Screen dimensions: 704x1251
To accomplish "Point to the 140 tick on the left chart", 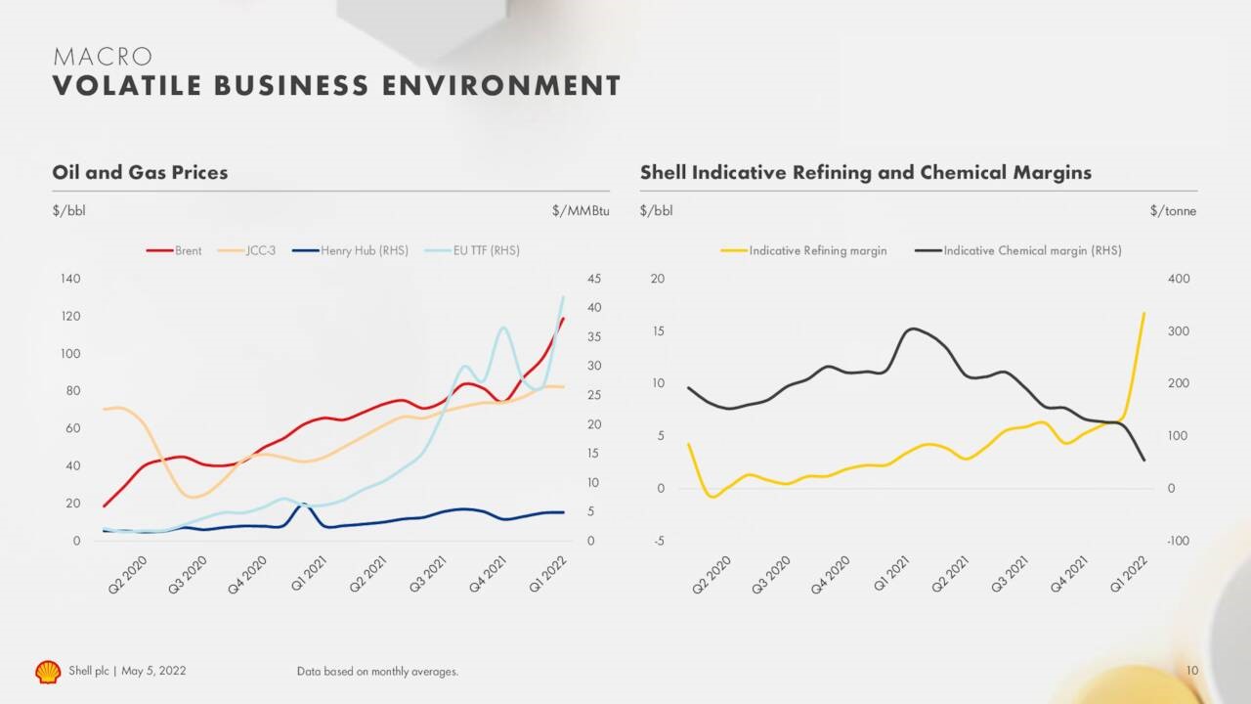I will [x=70, y=280].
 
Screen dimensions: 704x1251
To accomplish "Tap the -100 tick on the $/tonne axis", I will [x=1179, y=542].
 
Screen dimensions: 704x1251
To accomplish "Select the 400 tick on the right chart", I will [x=1179, y=280].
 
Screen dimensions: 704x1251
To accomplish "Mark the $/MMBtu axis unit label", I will [x=581, y=211].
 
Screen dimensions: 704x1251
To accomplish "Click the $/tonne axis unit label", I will [x=1173, y=211].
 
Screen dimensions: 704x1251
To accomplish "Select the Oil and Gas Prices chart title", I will [x=140, y=173].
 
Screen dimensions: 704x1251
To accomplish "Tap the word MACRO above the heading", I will [x=103, y=58].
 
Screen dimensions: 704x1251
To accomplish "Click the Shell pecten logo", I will [x=48, y=672].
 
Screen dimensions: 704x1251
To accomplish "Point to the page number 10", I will [x=1191, y=671].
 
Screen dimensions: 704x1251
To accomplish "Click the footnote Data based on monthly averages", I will [x=377, y=672].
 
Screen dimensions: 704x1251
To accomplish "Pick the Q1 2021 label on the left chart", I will [x=311, y=575].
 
